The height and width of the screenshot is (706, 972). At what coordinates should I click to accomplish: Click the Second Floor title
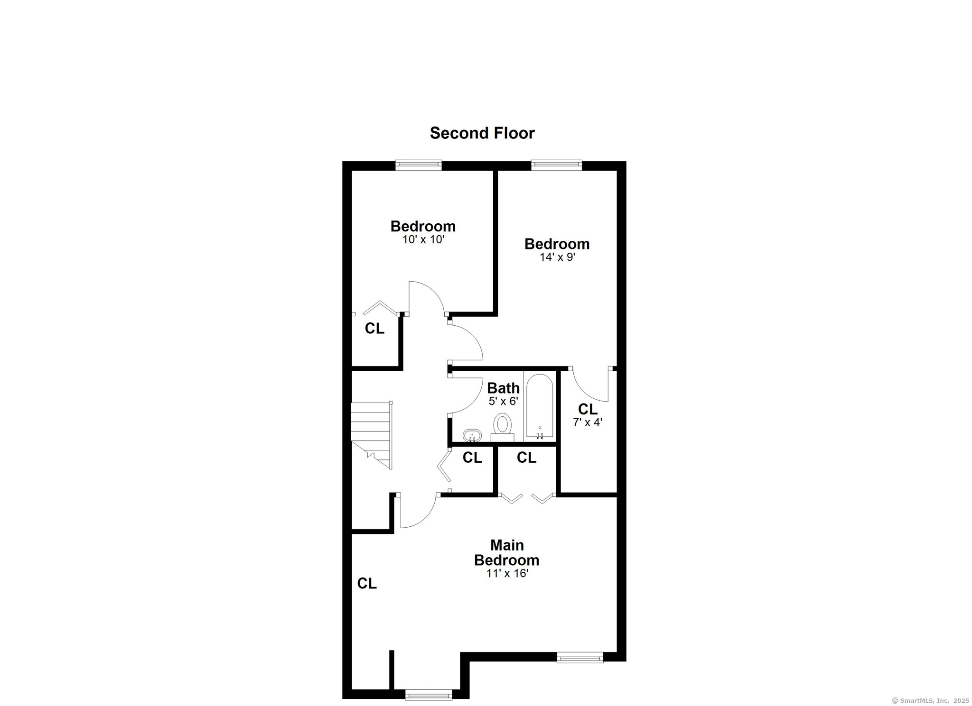coord(482,133)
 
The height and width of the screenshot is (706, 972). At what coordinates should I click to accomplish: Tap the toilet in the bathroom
coord(502,427)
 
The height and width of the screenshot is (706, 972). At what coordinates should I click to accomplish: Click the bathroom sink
coord(472,435)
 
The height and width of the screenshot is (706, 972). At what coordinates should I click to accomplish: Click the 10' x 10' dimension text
coord(423,240)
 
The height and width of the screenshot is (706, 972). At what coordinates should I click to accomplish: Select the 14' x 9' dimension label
coord(557,257)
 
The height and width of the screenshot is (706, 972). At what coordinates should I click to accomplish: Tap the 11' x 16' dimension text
coord(507,574)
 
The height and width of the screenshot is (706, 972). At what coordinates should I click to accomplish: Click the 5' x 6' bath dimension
coord(503,402)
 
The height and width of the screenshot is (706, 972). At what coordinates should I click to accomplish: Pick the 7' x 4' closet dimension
coord(588,422)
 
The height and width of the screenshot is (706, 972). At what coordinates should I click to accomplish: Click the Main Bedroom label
coord(506,553)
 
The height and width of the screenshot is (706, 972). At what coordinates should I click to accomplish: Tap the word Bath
coord(503,388)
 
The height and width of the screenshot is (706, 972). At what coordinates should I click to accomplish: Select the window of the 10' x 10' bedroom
coord(419,165)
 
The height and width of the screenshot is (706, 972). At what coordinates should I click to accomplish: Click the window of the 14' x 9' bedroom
coord(556,165)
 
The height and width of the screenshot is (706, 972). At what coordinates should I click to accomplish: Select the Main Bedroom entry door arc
coord(424,518)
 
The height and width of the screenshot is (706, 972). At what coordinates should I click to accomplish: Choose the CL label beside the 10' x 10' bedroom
coord(374,329)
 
